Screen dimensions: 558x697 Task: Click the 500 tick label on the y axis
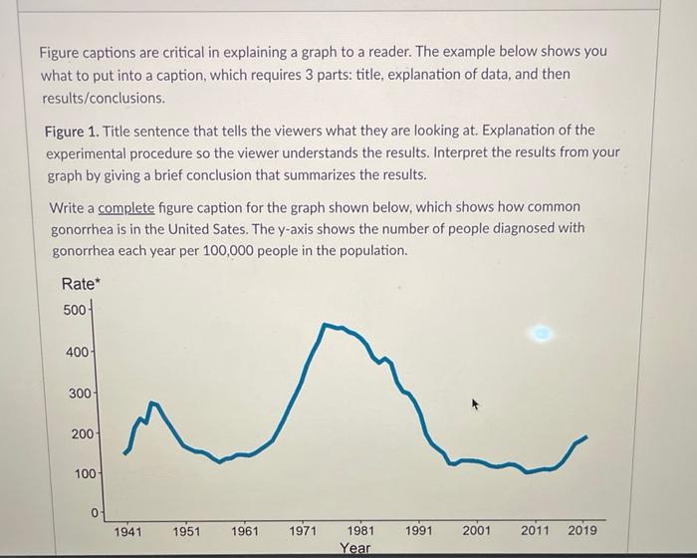tap(75, 310)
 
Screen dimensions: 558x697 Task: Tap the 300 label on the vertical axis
tap(80, 394)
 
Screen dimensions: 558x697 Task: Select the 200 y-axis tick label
tap(80, 434)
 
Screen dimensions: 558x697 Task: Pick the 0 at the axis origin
tap(95, 513)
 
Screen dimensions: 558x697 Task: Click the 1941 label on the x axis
tap(128, 531)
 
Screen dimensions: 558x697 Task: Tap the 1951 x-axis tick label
tap(186, 531)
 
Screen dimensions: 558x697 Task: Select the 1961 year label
tap(245, 531)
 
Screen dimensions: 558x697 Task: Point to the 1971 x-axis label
tap(303, 531)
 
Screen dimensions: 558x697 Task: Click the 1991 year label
tap(419, 531)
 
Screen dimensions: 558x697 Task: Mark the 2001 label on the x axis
tap(477, 531)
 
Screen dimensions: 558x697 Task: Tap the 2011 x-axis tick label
tap(535, 531)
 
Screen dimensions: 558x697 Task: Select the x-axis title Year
tap(354, 548)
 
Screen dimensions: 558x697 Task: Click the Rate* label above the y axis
tap(80, 285)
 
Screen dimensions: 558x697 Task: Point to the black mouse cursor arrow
tap(476, 405)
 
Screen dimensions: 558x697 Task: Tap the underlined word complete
tap(126, 207)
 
